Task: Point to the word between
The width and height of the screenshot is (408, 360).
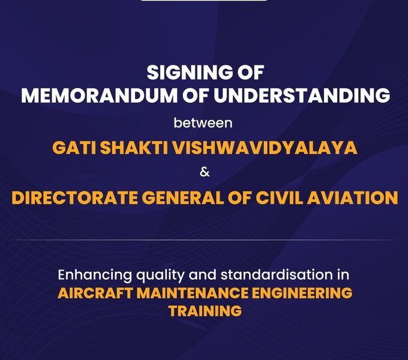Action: coord(203,124)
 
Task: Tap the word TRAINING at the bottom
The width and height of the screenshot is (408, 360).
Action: coord(205,311)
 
